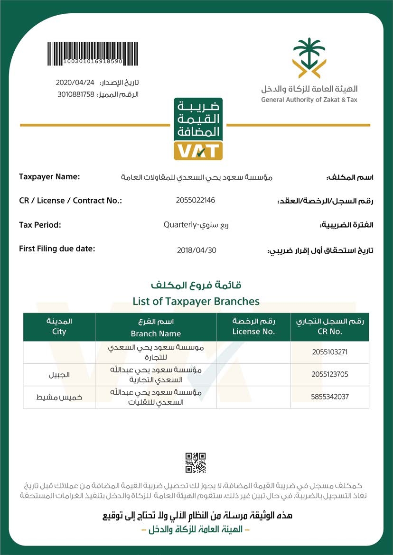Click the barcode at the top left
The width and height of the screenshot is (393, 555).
[x=85, y=53]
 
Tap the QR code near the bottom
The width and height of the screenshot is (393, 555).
[x=195, y=463]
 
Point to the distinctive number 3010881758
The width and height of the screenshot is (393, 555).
[x=76, y=94]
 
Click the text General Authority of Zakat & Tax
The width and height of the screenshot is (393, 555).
[x=309, y=100]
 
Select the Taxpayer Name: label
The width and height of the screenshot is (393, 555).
[x=49, y=177]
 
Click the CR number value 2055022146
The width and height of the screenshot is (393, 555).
[x=195, y=200]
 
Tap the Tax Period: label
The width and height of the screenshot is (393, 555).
[x=40, y=224]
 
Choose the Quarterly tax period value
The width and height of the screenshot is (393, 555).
[x=196, y=225]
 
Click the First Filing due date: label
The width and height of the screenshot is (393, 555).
[x=57, y=249]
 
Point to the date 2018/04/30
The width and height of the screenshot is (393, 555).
[x=196, y=250]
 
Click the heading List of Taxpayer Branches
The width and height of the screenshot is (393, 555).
[x=196, y=301]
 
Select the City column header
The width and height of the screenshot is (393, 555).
[x=59, y=332]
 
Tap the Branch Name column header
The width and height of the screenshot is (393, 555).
[x=156, y=333]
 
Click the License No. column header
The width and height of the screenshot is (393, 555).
[x=253, y=332]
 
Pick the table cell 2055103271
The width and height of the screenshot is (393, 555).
[x=330, y=352]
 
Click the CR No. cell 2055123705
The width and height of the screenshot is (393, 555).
[x=330, y=374]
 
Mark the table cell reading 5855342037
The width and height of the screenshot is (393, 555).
[x=330, y=397]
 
